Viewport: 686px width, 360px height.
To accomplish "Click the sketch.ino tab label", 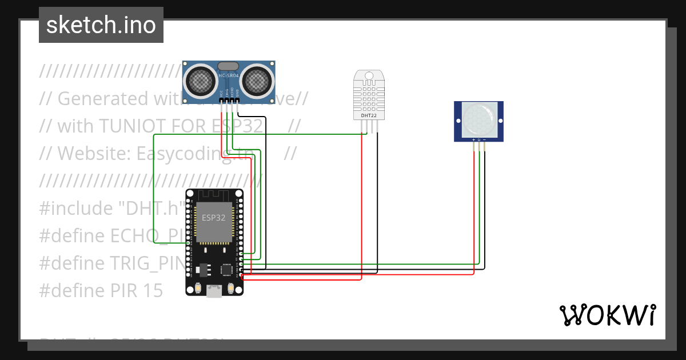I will [x=101, y=25].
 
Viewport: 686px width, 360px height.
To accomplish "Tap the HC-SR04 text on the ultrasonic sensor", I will [x=228, y=75].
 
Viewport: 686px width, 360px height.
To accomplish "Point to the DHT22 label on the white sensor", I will [x=369, y=115].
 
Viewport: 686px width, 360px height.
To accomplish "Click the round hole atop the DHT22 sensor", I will [x=369, y=75].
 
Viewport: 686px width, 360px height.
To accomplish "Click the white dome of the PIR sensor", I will [x=478, y=118].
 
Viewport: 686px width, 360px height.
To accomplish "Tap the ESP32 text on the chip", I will [x=213, y=218].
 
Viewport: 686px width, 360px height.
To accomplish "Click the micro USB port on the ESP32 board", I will [x=214, y=291].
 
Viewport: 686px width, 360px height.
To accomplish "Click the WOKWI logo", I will [x=607, y=315].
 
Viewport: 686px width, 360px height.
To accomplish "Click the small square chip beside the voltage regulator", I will [x=227, y=268].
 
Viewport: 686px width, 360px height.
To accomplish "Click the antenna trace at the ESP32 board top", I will [x=214, y=195].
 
